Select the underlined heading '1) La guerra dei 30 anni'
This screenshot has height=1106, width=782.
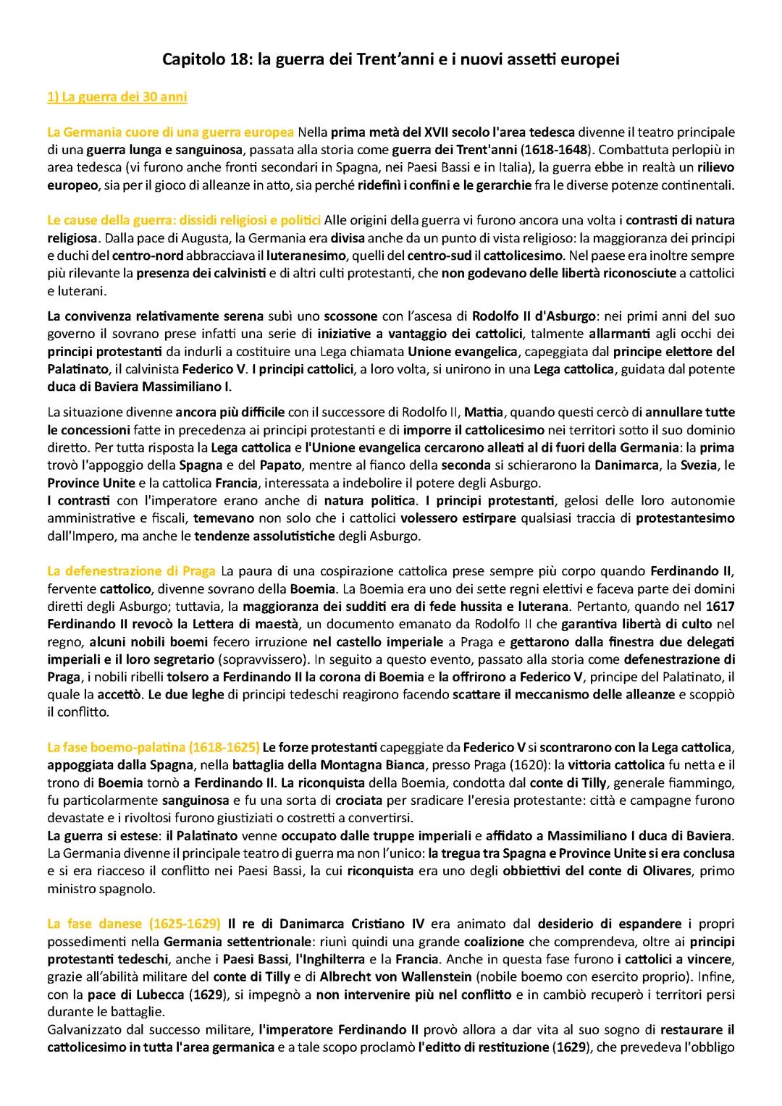click(x=117, y=97)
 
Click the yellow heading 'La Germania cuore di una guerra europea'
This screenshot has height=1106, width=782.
click(x=170, y=132)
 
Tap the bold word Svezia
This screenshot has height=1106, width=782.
click(x=699, y=465)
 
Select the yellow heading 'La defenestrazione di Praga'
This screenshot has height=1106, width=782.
click(x=131, y=570)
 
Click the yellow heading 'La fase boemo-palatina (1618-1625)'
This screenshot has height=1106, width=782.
click(x=153, y=746)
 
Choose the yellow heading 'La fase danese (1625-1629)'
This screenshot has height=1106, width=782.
click(x=134, y=924)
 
